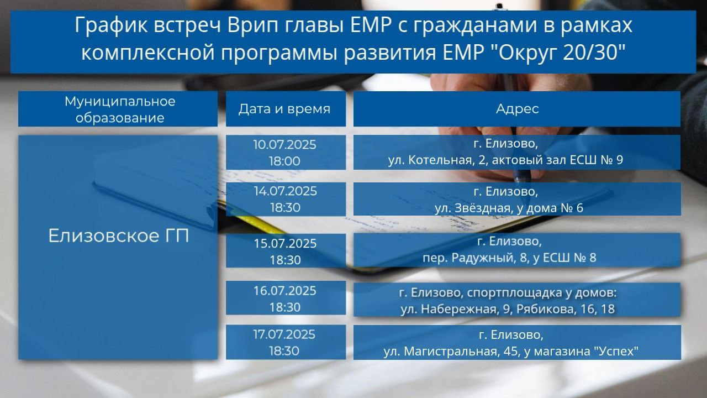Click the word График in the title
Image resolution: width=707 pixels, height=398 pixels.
[111, 25]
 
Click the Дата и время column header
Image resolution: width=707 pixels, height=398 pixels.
[286, 109]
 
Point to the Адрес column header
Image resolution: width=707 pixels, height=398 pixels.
[517, 109]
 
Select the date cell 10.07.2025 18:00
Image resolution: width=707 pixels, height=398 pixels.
[286, 153]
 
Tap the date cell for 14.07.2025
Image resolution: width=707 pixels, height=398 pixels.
[286, 200]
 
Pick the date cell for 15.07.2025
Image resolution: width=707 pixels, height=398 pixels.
[286, 251]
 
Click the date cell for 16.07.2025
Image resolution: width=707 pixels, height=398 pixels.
[286, 298]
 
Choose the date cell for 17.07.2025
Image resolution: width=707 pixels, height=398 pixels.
[286, 342]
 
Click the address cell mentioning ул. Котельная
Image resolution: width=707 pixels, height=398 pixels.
[517, 153]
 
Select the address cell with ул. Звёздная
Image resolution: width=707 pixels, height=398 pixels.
[517, 199]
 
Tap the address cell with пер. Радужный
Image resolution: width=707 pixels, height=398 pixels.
[517, 250]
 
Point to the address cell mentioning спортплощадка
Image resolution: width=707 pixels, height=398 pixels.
[517, 300]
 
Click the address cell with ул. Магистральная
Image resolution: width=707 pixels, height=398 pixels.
[517, 342]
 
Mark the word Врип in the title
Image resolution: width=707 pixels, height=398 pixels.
[254, 25]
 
